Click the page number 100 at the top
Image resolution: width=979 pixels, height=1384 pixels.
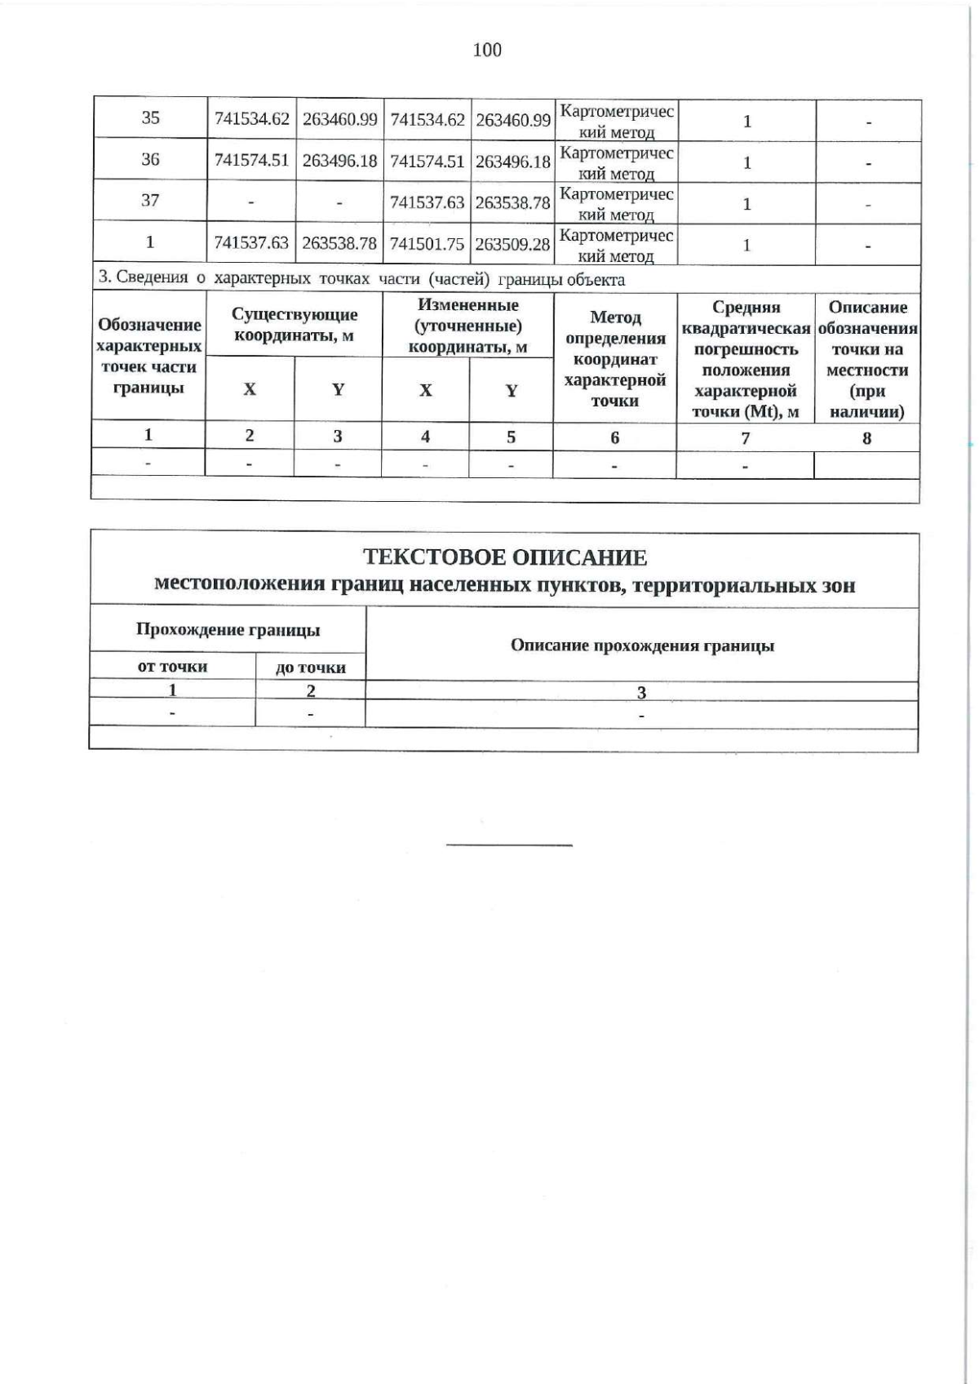point(487,51)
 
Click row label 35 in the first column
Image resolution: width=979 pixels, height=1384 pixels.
point(150,118)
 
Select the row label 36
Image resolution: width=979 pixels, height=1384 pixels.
point(150,159)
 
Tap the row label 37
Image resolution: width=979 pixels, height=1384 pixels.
point(150,200)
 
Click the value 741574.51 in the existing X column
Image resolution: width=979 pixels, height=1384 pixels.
point(251,160)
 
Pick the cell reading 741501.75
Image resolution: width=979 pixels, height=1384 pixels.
point(427,243)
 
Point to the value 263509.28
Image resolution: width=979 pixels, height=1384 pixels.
point(513,243)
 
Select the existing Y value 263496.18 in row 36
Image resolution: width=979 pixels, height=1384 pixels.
point(339,161)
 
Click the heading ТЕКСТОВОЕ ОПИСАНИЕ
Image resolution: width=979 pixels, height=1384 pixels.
point(504,557)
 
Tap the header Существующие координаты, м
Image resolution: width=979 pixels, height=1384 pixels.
point(295,325)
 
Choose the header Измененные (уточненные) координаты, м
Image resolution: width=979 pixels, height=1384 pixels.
point(467,326)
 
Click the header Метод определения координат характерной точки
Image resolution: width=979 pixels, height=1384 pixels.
point(615,358)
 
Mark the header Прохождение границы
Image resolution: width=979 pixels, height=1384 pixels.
point(228,629)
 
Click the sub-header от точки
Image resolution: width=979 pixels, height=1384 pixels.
point(172,667)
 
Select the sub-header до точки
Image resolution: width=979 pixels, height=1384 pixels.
point(311,668)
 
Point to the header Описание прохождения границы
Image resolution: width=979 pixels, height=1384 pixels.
point(642,645)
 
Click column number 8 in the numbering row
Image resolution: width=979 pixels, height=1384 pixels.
point(866,437)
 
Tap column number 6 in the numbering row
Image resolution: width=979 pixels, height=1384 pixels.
point(614,437)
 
